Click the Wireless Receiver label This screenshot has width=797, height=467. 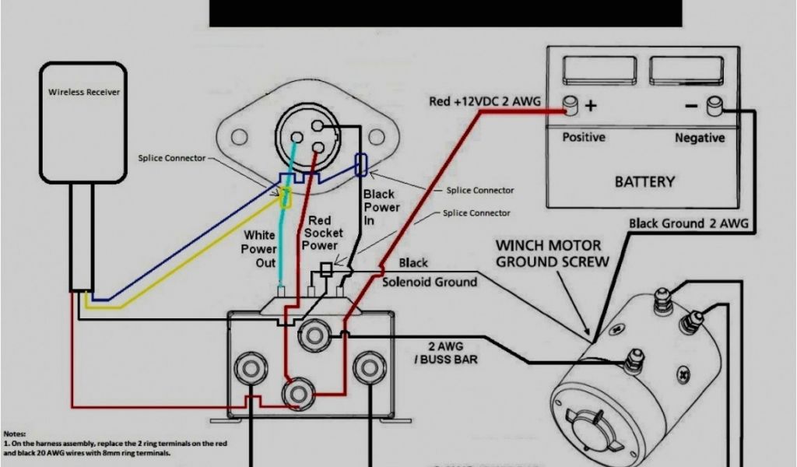click(x=84, y=92)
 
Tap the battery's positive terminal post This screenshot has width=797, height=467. click(x=571, y=105)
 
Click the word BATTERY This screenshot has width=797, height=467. click(x=644, y=181)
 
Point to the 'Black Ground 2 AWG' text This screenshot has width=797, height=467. click(x=689, y=224)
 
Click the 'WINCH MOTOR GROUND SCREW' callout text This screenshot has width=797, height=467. click(x=553, y=254)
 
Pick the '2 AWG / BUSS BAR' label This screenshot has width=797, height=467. click(x=447, y=353)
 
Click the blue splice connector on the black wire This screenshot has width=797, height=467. click(x=360, y=164)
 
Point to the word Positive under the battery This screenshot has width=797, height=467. click(x=584, y=138)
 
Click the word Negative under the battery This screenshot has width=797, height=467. click(x=700, y=138)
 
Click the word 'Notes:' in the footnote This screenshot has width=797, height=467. click(x=14, y=433)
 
